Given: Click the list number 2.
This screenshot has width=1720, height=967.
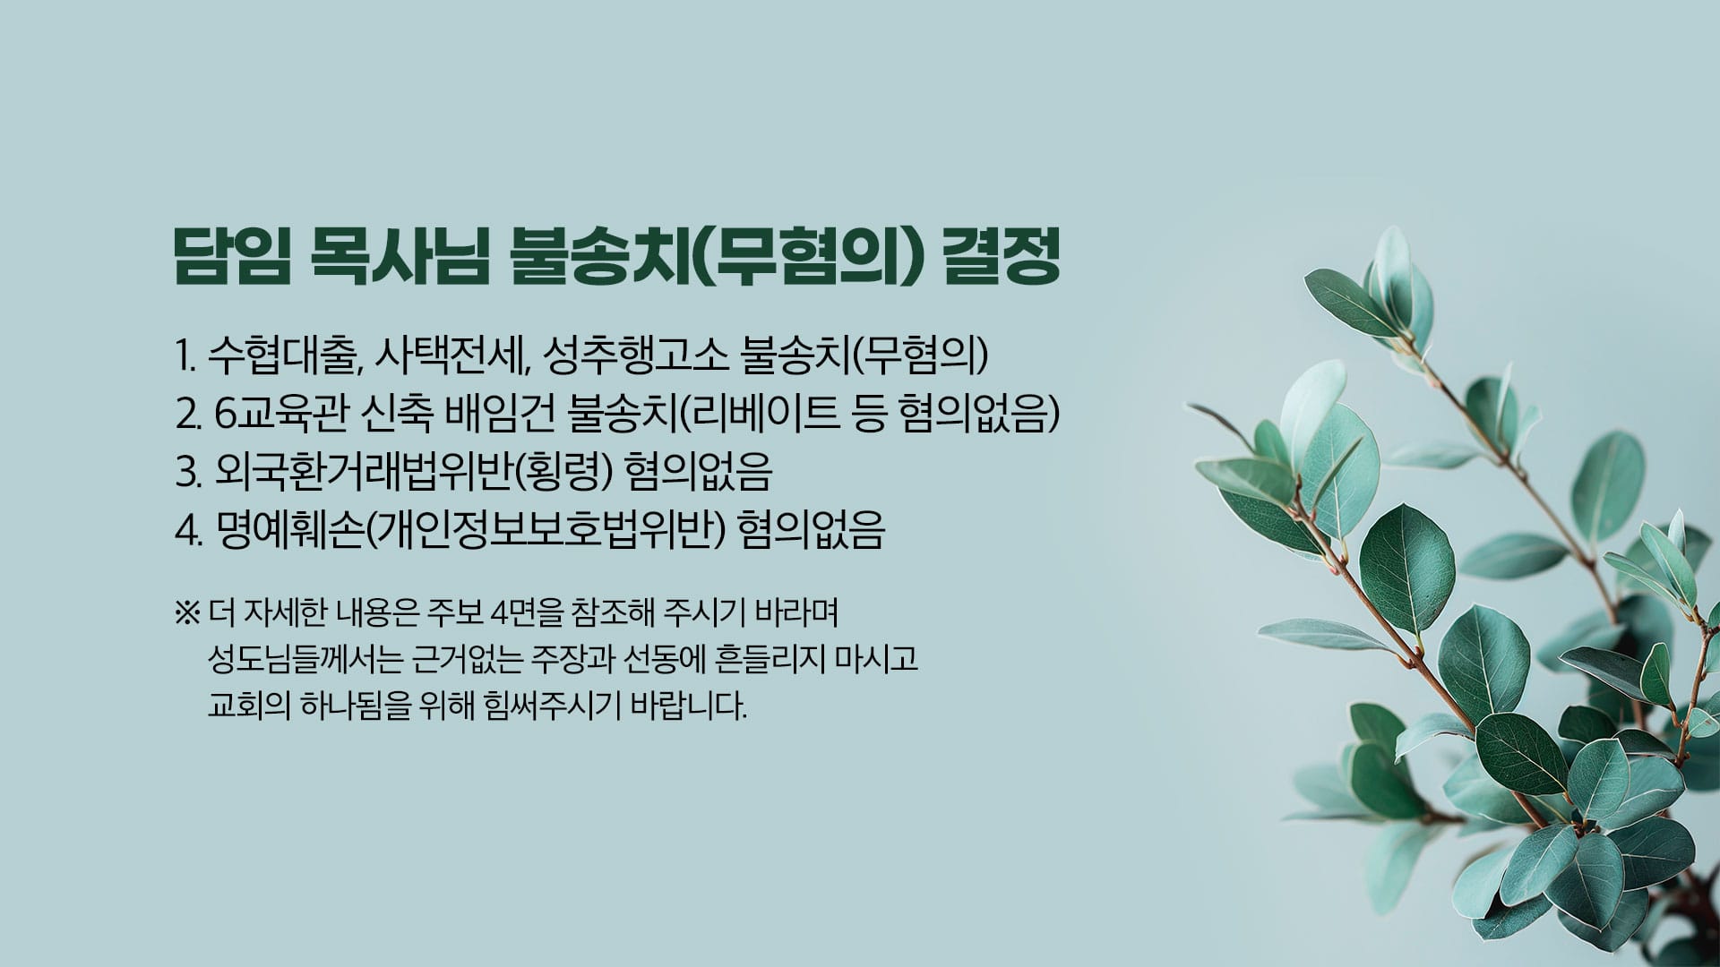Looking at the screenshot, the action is coord(187,415).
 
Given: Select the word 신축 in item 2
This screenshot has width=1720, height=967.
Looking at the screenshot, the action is coord(400,415).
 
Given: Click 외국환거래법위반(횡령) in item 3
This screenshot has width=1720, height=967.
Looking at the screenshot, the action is coord(415,473).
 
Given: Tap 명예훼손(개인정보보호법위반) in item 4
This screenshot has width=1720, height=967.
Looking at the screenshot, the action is coord(470,531).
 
